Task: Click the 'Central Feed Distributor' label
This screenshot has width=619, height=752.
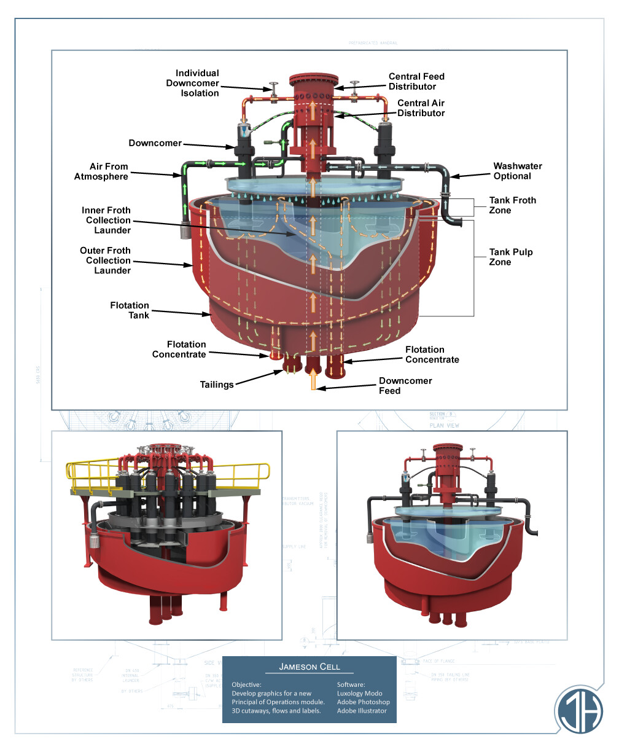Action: pyautogui.click(x=416, y=81)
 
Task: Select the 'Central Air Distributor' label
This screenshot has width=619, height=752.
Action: pyautogui.click(x=421, y=108)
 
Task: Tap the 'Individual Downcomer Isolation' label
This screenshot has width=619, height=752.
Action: pyautogui.click(x=192, y=83)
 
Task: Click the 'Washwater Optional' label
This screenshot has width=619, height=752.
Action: pyautogui.click(x=518, y=171)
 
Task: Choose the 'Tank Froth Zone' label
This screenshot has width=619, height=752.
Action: pyautogui.click(x=512, y=205)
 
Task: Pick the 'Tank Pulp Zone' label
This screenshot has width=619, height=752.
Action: pyautogui.click(x=510, y=257)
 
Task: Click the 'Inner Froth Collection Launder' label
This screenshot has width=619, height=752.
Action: pyautogui.click(x=108, y=220)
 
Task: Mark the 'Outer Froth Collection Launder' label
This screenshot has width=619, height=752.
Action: pyautogui.click(x=106, y=260)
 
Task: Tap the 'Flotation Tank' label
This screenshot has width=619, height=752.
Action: pyautogui.click(x=130, y=310)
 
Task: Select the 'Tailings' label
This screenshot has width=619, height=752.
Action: pyautogui.click(x=217, y=385)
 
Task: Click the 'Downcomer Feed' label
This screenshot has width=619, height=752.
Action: pyautogui.click(x=405, y=386)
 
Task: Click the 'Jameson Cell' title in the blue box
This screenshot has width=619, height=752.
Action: pyautogui.click(x=309, y=667)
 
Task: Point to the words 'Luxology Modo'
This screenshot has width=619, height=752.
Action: pyautogui.click(x=359, y=693)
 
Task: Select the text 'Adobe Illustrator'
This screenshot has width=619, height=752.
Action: pyautogui.click(x=362, y=711)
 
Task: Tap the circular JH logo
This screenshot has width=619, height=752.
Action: pyautogui.click(x=579, y=709)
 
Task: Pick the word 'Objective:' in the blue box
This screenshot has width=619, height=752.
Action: pyautogui.click(x=246, y=684)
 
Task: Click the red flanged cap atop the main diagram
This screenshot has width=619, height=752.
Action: pyautogui.click(x=313, y=82)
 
